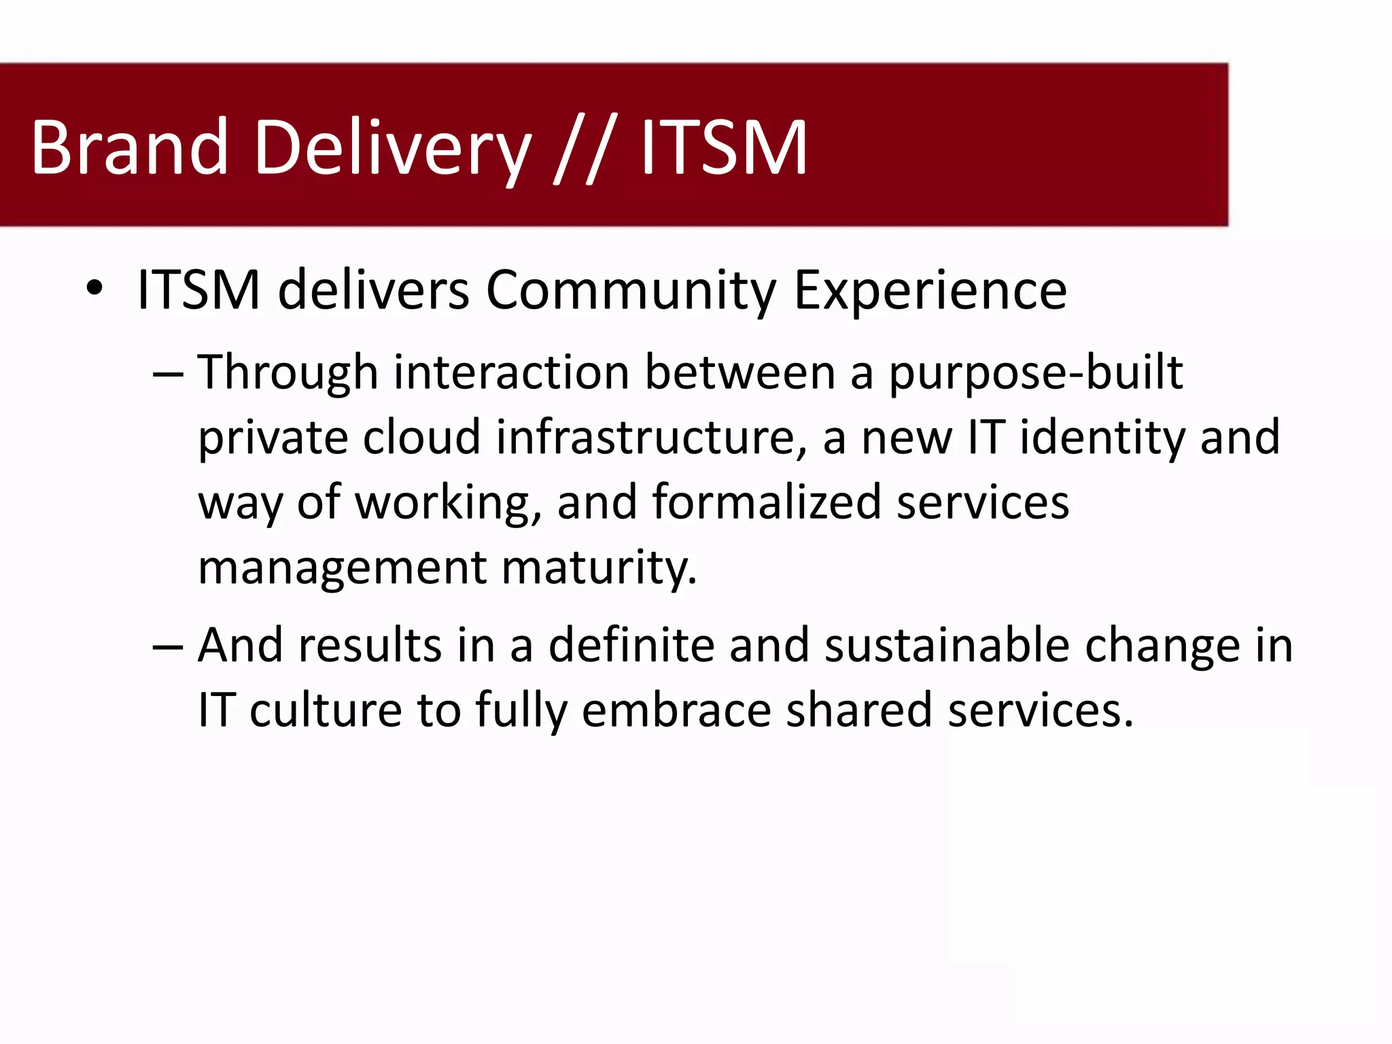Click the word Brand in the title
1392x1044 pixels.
coord(129,147)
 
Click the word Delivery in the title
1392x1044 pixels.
coord(392,147)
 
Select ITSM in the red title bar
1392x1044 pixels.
coord(723,147)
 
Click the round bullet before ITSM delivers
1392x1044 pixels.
coord(94,288)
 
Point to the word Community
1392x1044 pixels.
coord(631,291)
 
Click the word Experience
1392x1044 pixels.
coord(930,291)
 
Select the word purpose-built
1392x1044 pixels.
coord(1035,374)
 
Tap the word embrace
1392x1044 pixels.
coord(676,710)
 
